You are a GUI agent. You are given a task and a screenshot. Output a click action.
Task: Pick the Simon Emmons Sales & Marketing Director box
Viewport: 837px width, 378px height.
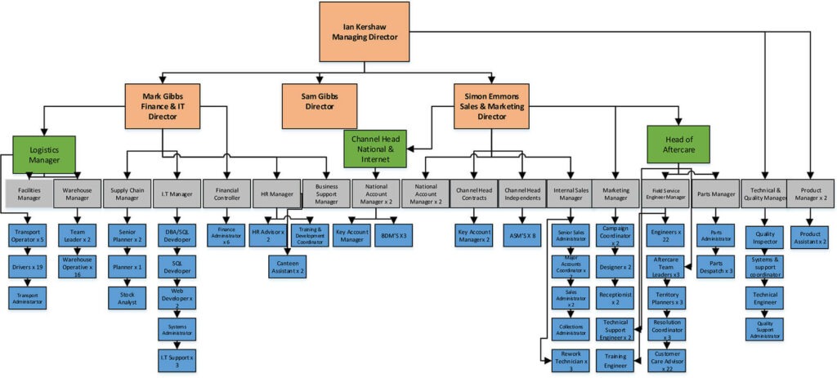tap(493, 105)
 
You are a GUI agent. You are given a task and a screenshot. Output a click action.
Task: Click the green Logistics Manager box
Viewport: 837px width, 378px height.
tap(43, 155)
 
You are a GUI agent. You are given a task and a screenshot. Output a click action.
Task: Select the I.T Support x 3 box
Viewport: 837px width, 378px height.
tap(177, 359)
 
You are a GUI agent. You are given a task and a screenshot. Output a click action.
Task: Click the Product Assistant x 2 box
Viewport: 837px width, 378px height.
tap(812, 237)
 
